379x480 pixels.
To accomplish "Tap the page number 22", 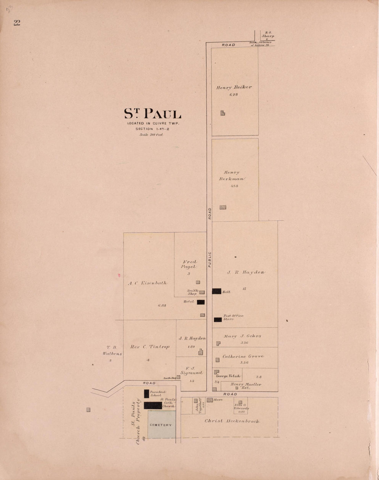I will tap(17, 23).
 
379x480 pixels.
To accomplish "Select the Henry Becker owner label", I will tap(234, 87).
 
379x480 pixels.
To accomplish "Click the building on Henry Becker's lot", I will tap(223, 113).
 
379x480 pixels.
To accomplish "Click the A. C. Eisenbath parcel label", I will tap(147, 283).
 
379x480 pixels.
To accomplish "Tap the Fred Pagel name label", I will tap(189, 264).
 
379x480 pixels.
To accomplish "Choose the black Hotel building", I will tap(201, 302).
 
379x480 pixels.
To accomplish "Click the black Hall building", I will tap(216, 291).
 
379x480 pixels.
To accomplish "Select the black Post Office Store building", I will tap(217, 320).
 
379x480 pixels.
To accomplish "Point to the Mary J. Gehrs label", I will tap(242, 336).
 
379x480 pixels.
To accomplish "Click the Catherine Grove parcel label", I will tap(243, 357).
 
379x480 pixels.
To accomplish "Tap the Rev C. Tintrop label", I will tap(150, 347).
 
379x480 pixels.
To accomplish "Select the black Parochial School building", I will tap(146, 394).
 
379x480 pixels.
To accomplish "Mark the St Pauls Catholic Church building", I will tap(153, 406).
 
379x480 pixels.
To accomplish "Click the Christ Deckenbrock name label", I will tap(232, 421).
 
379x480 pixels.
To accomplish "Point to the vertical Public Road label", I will tap(209, 238).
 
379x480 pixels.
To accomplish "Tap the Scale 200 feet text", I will tap(151, 135).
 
